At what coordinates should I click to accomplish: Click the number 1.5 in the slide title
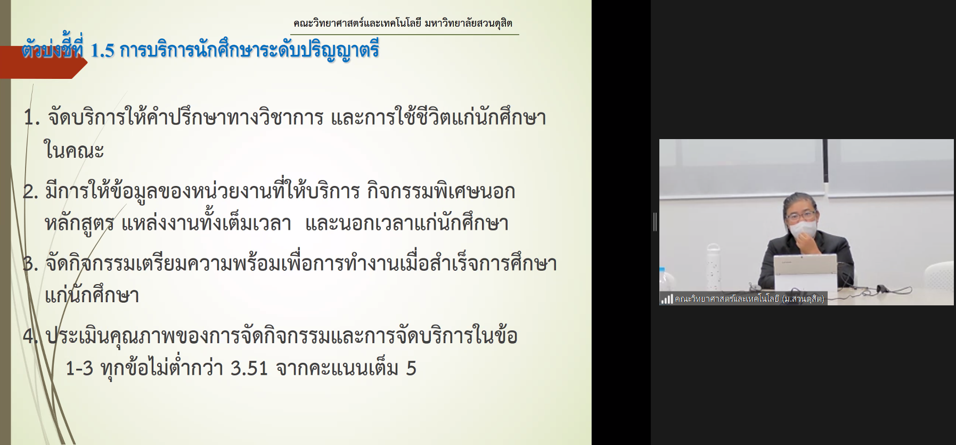pos(103,51)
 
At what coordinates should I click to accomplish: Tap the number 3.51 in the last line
pos(249,368)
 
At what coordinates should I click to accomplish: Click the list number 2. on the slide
pos(30,192)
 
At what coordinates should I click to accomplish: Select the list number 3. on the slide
pos(30,264)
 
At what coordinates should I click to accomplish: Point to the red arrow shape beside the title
pos(43,62)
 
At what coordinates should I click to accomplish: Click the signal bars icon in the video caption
pos(667,299)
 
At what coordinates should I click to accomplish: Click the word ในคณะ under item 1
pos(73,151)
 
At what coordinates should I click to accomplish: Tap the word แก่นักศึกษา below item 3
pos(92,295)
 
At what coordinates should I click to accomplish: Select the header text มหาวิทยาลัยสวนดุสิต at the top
pos(469,23)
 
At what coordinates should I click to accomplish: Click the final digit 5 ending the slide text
pos(411,368)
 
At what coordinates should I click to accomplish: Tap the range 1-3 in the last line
pos(79,368)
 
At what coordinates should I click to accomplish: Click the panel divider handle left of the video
pos(655,222)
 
